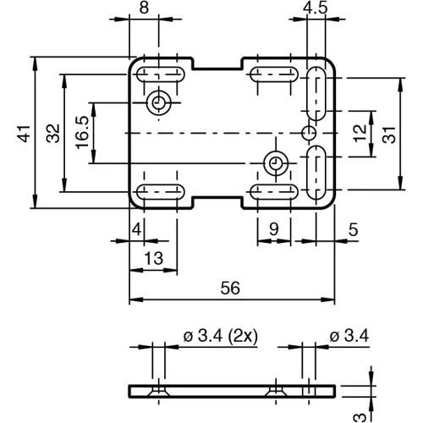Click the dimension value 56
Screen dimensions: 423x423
tap(230, 288)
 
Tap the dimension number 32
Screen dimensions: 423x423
tap(52, 132)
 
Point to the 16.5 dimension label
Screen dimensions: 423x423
tap(82, 133)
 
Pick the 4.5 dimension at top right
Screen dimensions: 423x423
tap(316, 8)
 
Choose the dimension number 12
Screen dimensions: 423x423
tap(360, 132)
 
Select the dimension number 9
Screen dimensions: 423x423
tap(272, 228)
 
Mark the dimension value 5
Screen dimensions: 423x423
tap(353, 228)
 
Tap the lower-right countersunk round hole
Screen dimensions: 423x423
tap(273, 162)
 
